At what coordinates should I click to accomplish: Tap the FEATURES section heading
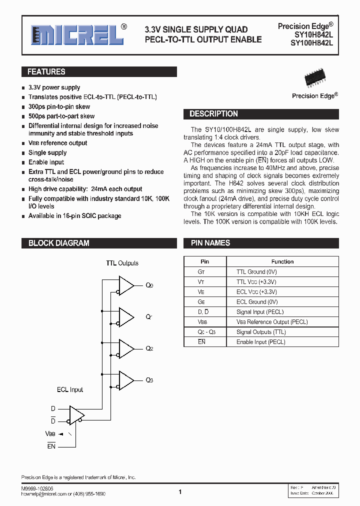(46, 72)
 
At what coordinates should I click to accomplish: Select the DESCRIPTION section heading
(213, 114)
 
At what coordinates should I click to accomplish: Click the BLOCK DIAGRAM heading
(58, 243)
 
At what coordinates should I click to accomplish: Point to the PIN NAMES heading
(210, 243)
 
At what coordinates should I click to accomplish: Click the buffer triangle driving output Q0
(125, 285)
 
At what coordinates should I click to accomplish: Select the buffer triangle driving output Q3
(125, 380)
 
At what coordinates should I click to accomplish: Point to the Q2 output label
(149, 349)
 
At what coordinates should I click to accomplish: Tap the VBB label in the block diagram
(50, 433)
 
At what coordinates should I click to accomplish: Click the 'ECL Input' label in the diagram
(69, 389)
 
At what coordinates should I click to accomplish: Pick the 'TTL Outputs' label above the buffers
(122, 263)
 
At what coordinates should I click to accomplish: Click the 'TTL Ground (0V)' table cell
(256, 272)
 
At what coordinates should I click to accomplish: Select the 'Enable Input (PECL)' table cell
(260, 342)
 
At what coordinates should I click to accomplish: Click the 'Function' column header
(282, 261)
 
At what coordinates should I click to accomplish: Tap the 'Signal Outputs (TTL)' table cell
(261, 332)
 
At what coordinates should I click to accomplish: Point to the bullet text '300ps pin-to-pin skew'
(59, 106)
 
